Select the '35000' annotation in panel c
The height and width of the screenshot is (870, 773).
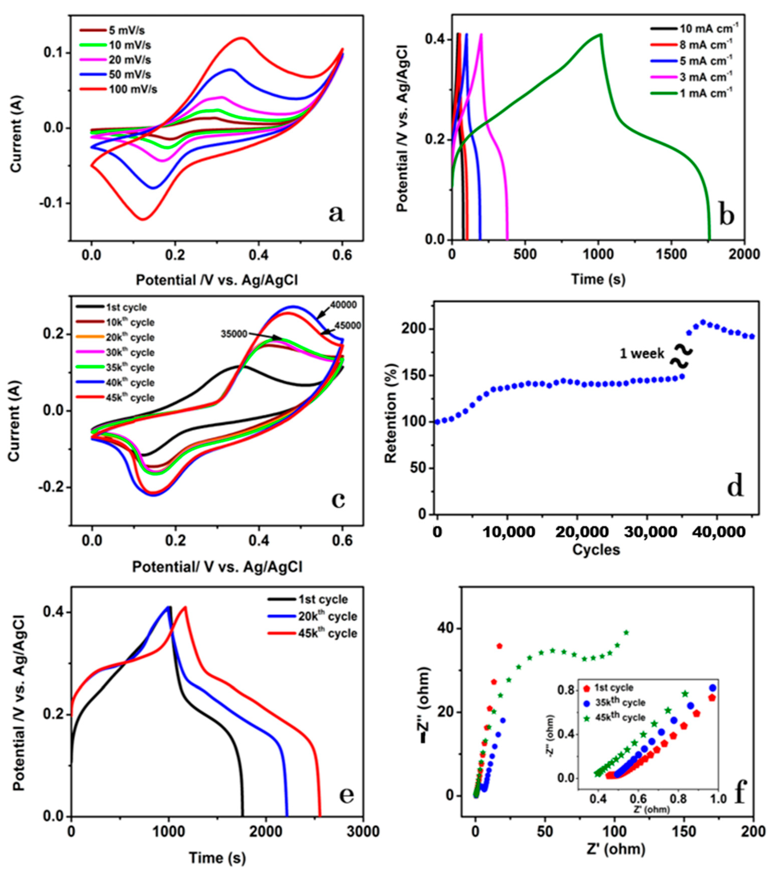[234, 334]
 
